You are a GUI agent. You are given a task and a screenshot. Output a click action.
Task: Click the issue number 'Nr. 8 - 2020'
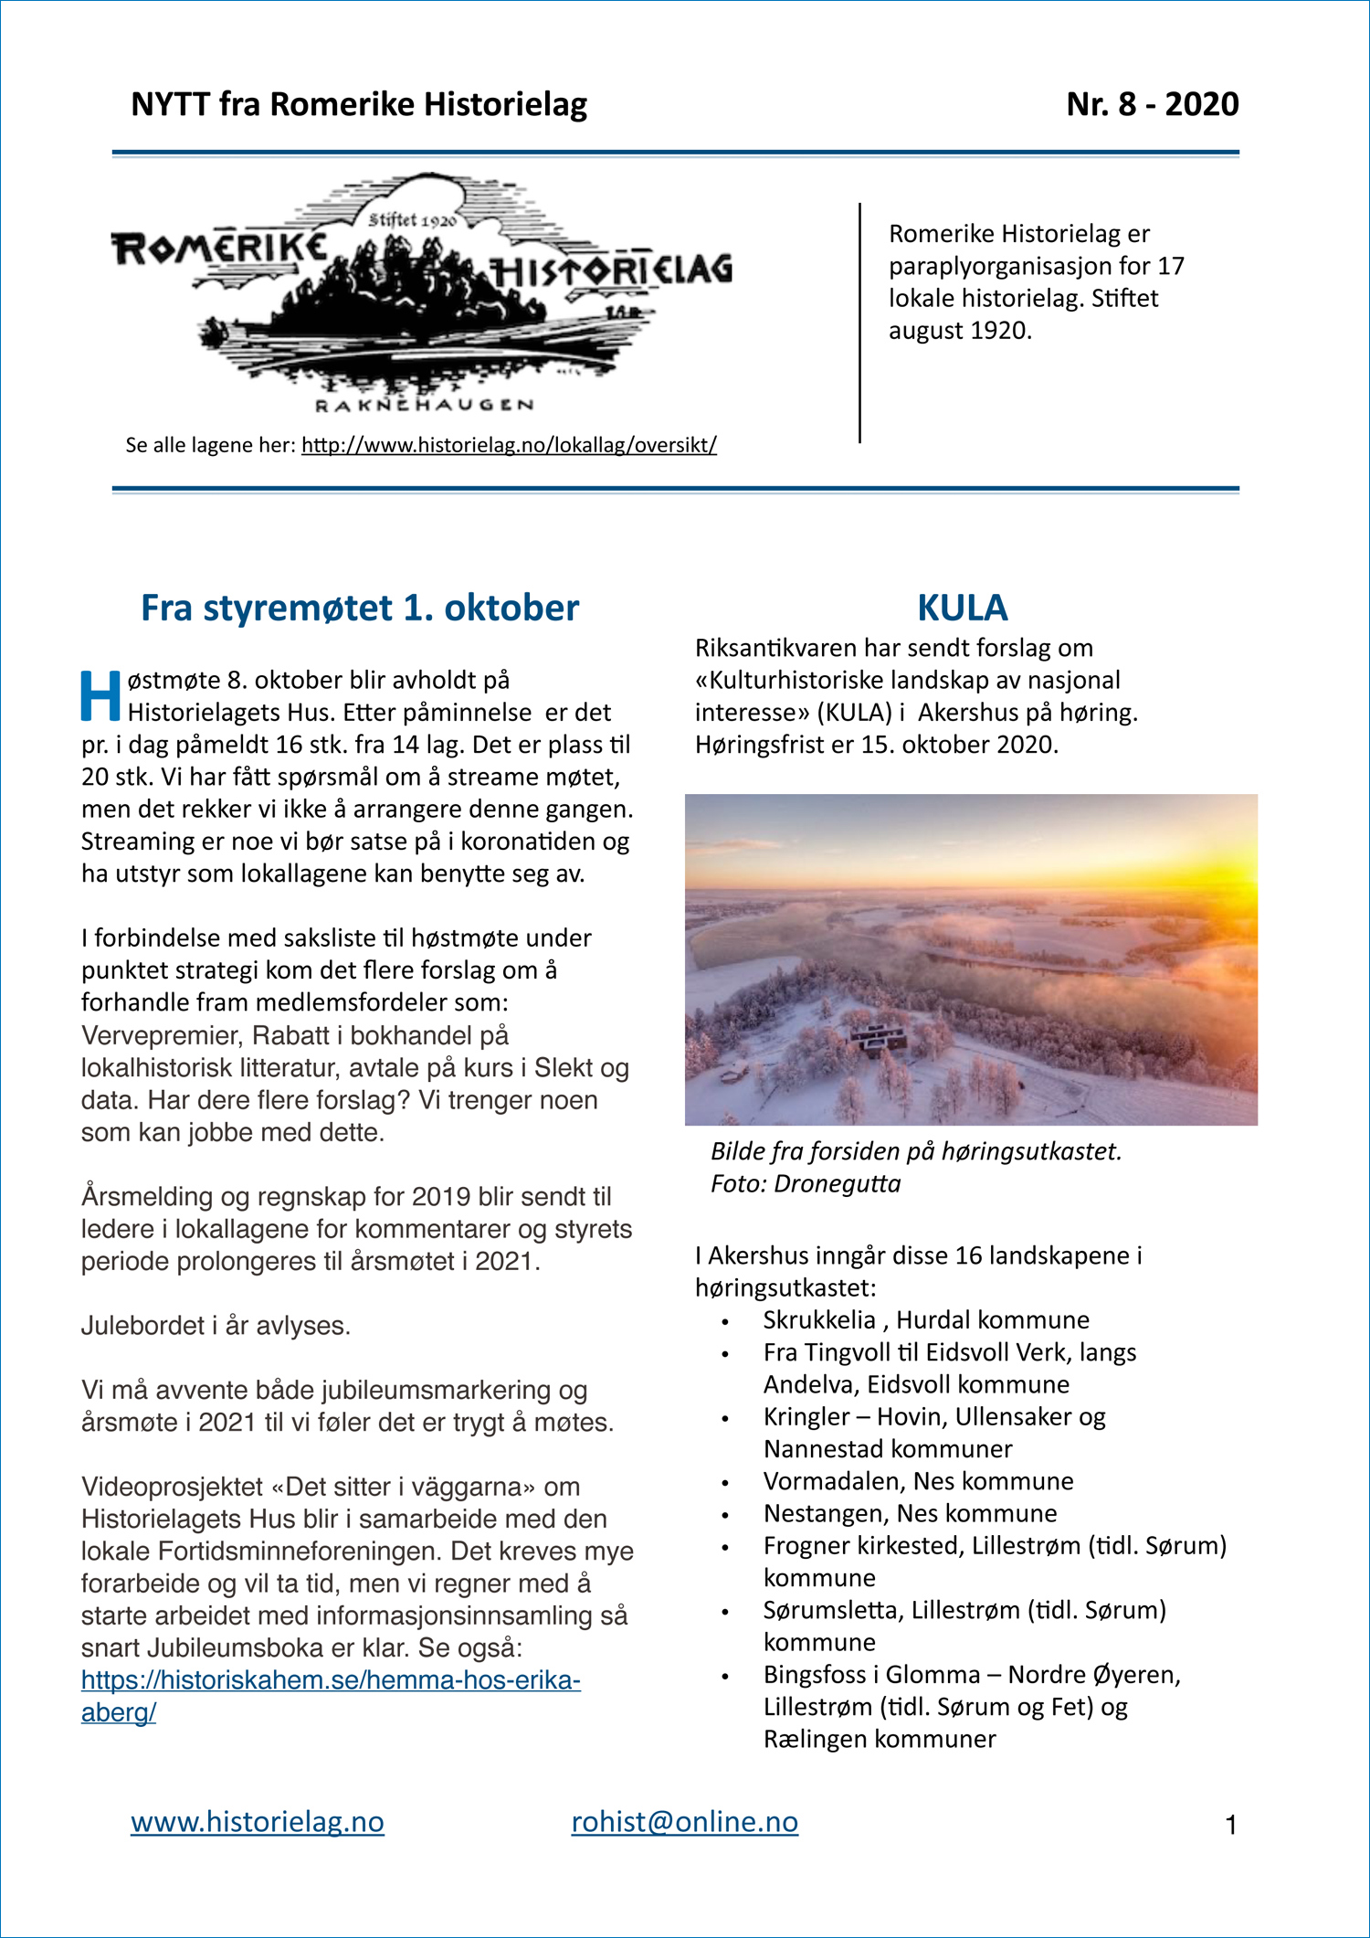[1152, 104]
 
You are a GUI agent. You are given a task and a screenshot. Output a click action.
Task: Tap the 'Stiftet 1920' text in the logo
[412, 219]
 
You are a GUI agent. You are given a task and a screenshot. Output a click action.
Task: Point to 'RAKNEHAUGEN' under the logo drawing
[424, 405]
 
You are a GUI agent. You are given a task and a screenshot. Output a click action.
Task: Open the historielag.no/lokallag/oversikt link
[509, 445]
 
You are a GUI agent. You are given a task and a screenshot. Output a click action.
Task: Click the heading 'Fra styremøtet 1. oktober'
[360, 608]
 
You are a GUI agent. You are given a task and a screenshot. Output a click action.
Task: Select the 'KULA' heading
[962, 608]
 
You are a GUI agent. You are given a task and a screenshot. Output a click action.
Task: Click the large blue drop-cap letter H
[100, 696]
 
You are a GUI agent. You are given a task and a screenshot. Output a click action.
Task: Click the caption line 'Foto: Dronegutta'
[805, 1183]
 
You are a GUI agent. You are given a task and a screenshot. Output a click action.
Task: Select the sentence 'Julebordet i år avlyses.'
[216, 1325]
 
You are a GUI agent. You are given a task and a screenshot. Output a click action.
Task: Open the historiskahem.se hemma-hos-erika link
[331, 1679]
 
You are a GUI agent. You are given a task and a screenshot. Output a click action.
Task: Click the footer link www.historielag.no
[258, 1822]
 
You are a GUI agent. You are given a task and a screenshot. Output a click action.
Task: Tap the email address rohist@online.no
[684, 1822]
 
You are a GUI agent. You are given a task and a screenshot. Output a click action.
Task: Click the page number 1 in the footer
[1230, 1826]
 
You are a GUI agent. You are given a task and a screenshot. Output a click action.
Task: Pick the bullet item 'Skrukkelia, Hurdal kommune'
[925, 1319]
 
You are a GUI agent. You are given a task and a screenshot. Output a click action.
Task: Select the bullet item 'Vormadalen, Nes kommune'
[918, 1480]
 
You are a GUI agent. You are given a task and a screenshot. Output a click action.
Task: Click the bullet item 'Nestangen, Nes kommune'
[910, 1513]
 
